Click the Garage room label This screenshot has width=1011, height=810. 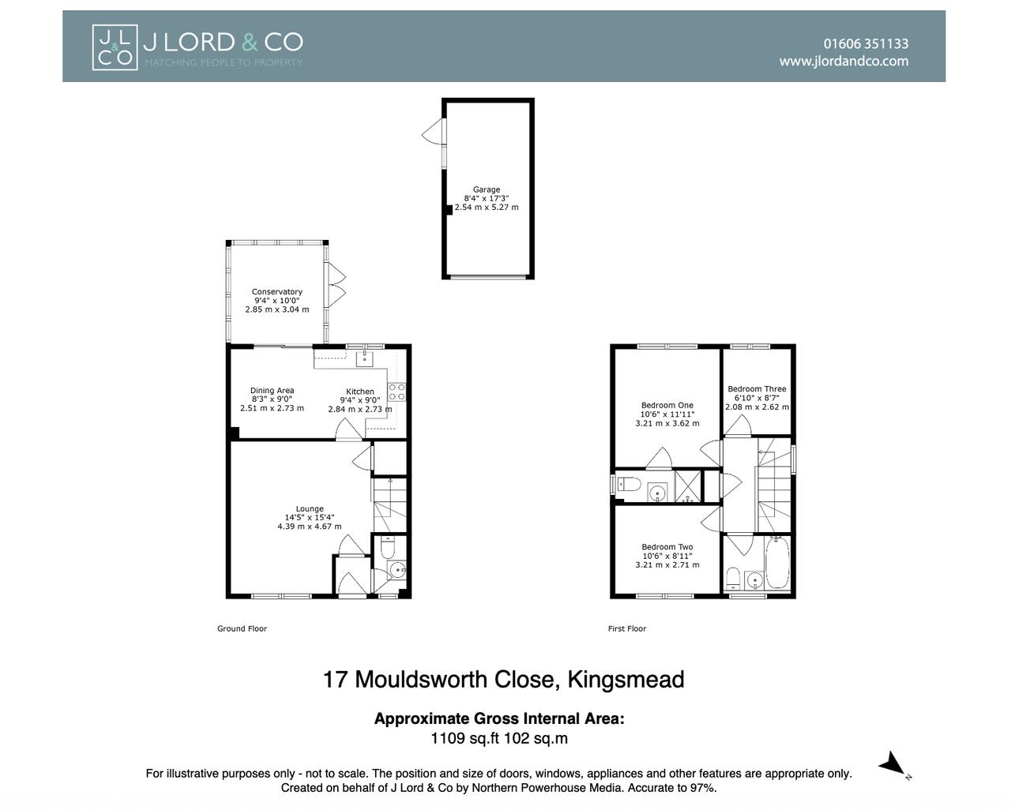click(487, 189)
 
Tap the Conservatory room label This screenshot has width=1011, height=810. click(276, 292)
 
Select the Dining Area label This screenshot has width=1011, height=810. click(272, 391)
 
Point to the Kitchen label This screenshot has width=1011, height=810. click(360, 392)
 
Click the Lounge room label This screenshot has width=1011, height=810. click(310, 509)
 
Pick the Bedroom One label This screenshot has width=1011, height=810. click(667, 406)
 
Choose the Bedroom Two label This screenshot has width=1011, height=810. click(667, 547)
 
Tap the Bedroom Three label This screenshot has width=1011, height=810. click(757, 389)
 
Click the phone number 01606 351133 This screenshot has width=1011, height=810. click(866, 44)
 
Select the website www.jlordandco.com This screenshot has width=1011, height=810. click(844, 62)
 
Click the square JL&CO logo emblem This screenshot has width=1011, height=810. click(115, 47)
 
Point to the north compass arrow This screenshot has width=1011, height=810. click(893, 764)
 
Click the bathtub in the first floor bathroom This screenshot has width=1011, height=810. click(777, 562)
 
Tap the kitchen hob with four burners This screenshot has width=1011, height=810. click(397, 392)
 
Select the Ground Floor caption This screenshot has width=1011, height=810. click(242, 629)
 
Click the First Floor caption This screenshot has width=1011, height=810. click(627, 629)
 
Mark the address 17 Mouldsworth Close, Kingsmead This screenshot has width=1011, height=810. click(503, 680)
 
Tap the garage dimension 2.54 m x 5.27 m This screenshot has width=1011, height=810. click(487, 208)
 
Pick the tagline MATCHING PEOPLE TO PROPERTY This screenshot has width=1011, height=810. click(223, 62)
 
